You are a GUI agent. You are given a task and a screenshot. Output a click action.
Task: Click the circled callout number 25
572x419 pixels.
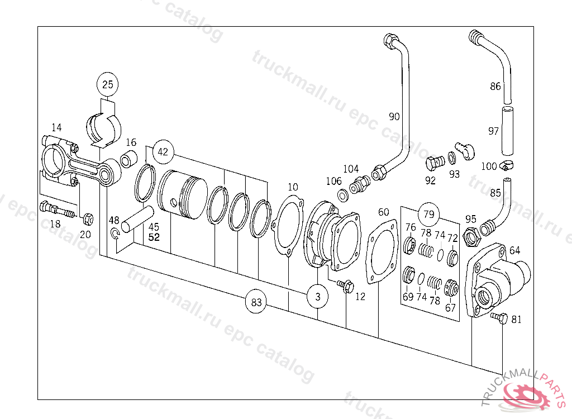point(108,85)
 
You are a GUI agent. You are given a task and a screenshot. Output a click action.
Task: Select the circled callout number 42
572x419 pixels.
point(163,151)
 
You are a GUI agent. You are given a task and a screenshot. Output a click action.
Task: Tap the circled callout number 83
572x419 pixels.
point(256,303)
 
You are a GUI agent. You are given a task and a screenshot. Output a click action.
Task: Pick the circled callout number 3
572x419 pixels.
point(318,297)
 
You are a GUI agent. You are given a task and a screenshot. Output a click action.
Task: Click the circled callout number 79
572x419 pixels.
point(428,214)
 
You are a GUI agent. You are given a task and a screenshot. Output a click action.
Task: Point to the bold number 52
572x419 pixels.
point(154,237)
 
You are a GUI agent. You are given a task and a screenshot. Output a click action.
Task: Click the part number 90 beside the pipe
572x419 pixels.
point(394,117)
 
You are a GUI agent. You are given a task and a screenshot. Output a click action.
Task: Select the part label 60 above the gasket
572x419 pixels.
point(384,212)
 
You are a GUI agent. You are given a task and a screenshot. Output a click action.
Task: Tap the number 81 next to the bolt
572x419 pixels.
point(517,320)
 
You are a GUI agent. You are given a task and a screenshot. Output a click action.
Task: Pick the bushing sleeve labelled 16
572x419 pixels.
point(127,160)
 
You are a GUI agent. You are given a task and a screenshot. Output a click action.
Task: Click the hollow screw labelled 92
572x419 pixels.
point(433,163)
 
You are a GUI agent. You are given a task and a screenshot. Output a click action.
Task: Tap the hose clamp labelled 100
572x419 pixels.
point(508,165)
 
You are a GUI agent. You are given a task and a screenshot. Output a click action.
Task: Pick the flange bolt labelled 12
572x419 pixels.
point(344,286)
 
